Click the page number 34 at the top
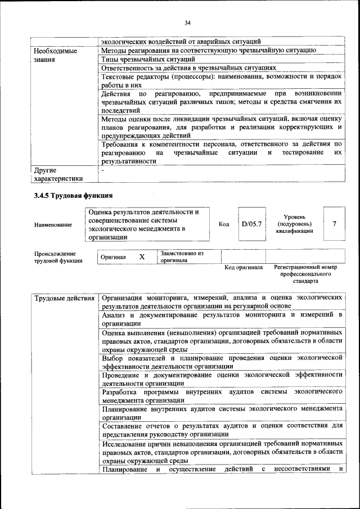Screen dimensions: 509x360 tap(187, 22)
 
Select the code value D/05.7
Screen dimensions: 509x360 tap(251, 224)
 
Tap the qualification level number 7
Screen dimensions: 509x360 tap(334, 224)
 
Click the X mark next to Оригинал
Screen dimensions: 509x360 tap(142, 256)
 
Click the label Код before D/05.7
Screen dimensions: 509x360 tap(223, 224)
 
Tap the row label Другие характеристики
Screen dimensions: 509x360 tap(58, 174)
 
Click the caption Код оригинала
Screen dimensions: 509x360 tap(244, 267)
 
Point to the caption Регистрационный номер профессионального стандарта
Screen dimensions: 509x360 tap(305, 273)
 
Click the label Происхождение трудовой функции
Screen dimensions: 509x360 tap(58, 257)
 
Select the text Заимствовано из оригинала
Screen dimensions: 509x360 tap(181, 257)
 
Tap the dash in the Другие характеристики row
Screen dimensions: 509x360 tap(102, 169)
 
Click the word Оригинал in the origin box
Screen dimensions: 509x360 tap(113, 257)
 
